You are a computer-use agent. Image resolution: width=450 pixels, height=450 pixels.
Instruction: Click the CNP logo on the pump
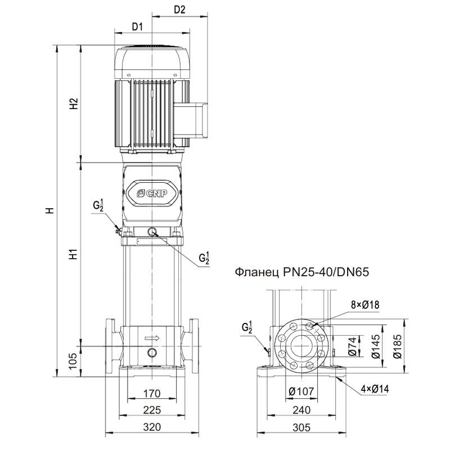(x=152, y=192)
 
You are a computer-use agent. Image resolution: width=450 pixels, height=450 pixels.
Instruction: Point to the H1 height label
(x=73, y=254)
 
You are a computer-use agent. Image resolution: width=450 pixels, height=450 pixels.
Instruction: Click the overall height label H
(x=49, y=211)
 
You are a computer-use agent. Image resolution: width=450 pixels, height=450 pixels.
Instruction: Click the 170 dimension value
(x=152, y=393)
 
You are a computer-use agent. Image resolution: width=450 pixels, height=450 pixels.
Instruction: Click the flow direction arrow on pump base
(x=152, y=338)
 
